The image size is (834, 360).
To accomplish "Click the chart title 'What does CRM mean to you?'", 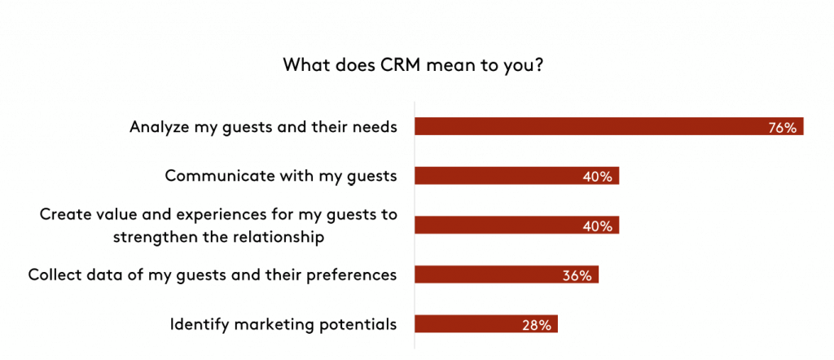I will pos(413,65).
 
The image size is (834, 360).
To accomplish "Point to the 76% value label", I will pos(782,128).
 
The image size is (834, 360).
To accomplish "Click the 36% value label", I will pos(577,275).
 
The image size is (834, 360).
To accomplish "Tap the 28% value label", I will pos(537,325).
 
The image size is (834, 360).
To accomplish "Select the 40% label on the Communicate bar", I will pos(597,177).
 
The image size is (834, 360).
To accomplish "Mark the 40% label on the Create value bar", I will pos(597,226).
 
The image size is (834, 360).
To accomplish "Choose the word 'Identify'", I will pos(199,324).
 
